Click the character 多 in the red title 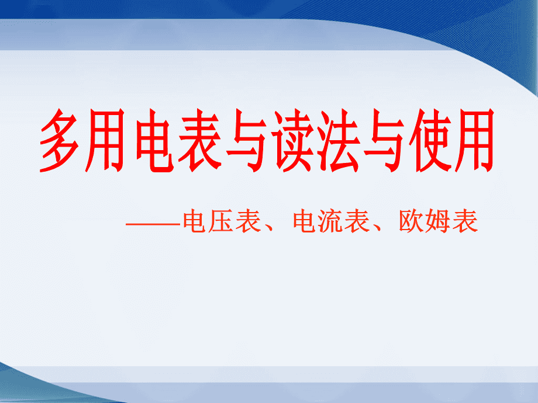pos(59,141)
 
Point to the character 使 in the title pos(430,141)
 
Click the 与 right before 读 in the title pos(246,141)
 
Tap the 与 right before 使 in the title pos(384,141)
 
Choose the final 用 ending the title pos(474,141)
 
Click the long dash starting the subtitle pos(153,224)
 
